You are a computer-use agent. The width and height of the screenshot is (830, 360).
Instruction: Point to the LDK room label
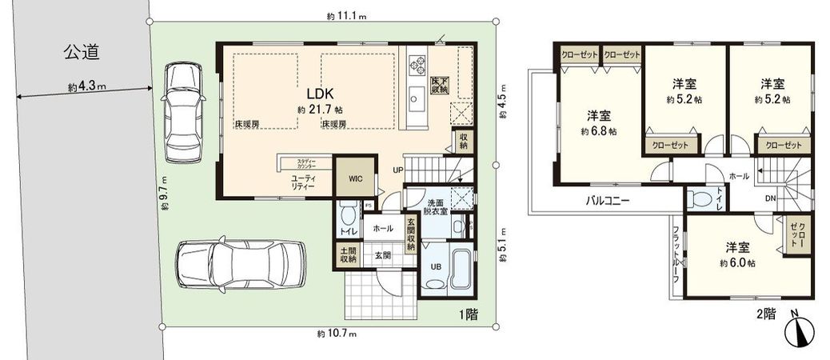tap(312, 90)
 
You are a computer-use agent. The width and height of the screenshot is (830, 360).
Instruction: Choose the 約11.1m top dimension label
tap(345, 15)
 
